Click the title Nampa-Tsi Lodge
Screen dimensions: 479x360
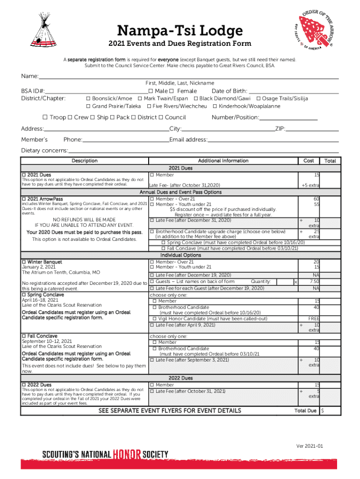pyautogui.click(x=180, y=31)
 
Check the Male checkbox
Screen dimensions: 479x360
pyautogui.click(x=151, y=91)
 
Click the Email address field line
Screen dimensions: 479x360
pyautogui.click(x=273, y=140)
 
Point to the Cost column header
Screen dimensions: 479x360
pyautogui.click(x=309, y=161)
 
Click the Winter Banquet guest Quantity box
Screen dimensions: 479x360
pyautogui.click(x=285, y=282)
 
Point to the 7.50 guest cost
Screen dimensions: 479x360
pyautogui.click(x=314, y=282)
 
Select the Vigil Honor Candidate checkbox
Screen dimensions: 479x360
pyautogui.click(x=155, y=319)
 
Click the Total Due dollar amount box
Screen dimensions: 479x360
pyautogui.click(x=329, y=411)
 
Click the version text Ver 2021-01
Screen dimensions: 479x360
pyautogui.click(x=310, y=446)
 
